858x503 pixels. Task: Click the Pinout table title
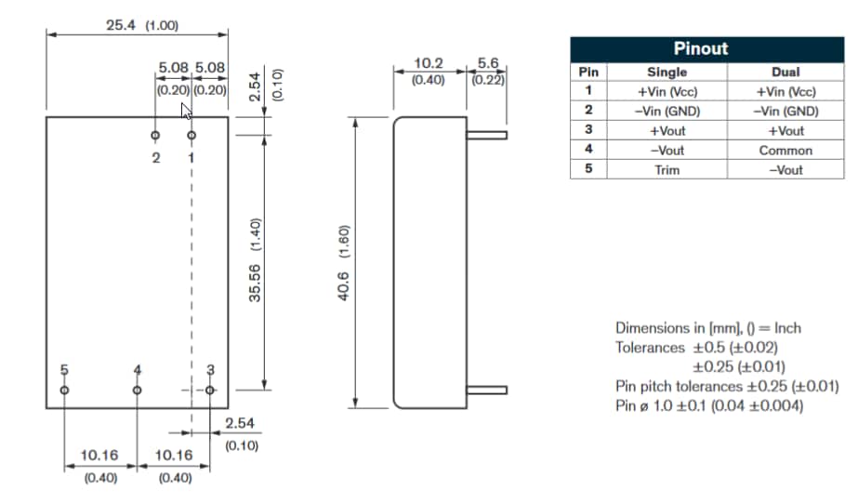point(701,48)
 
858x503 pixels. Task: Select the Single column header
point(667,72)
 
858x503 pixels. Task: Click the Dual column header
point(785,72)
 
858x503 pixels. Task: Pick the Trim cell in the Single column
point(667,169)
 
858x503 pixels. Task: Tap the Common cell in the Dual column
point(785,150)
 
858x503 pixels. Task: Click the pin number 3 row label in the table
point(588,130)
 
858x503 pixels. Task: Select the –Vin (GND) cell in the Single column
point(667,111)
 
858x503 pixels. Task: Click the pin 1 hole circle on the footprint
point(191,136)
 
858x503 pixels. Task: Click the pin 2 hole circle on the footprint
point(155,136)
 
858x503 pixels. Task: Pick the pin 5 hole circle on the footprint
point(64,390)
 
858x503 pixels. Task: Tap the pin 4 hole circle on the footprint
point(138,390)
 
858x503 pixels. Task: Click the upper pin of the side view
point(486,136)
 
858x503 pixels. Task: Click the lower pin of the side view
point(486,390)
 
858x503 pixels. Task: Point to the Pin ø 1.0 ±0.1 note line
point(708,405)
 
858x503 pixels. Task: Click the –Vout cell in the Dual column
point(785,169)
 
